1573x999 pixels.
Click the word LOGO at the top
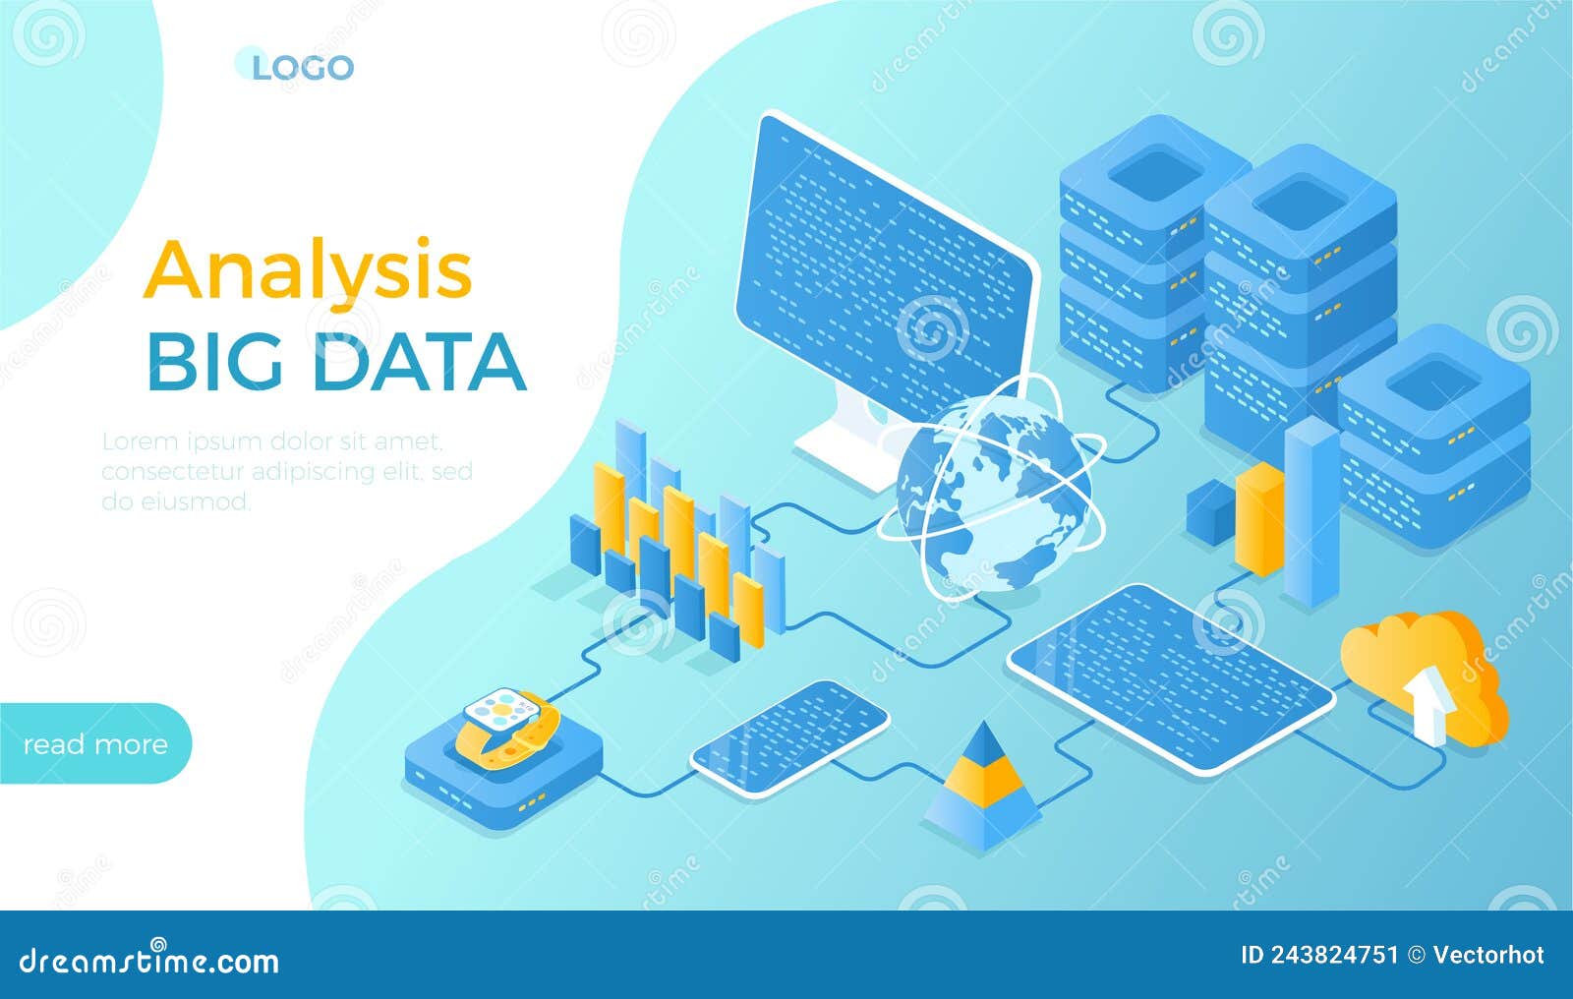pos(302,68)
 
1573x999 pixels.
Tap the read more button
pos(94,744)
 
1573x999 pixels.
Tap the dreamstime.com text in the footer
pos(149,960)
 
